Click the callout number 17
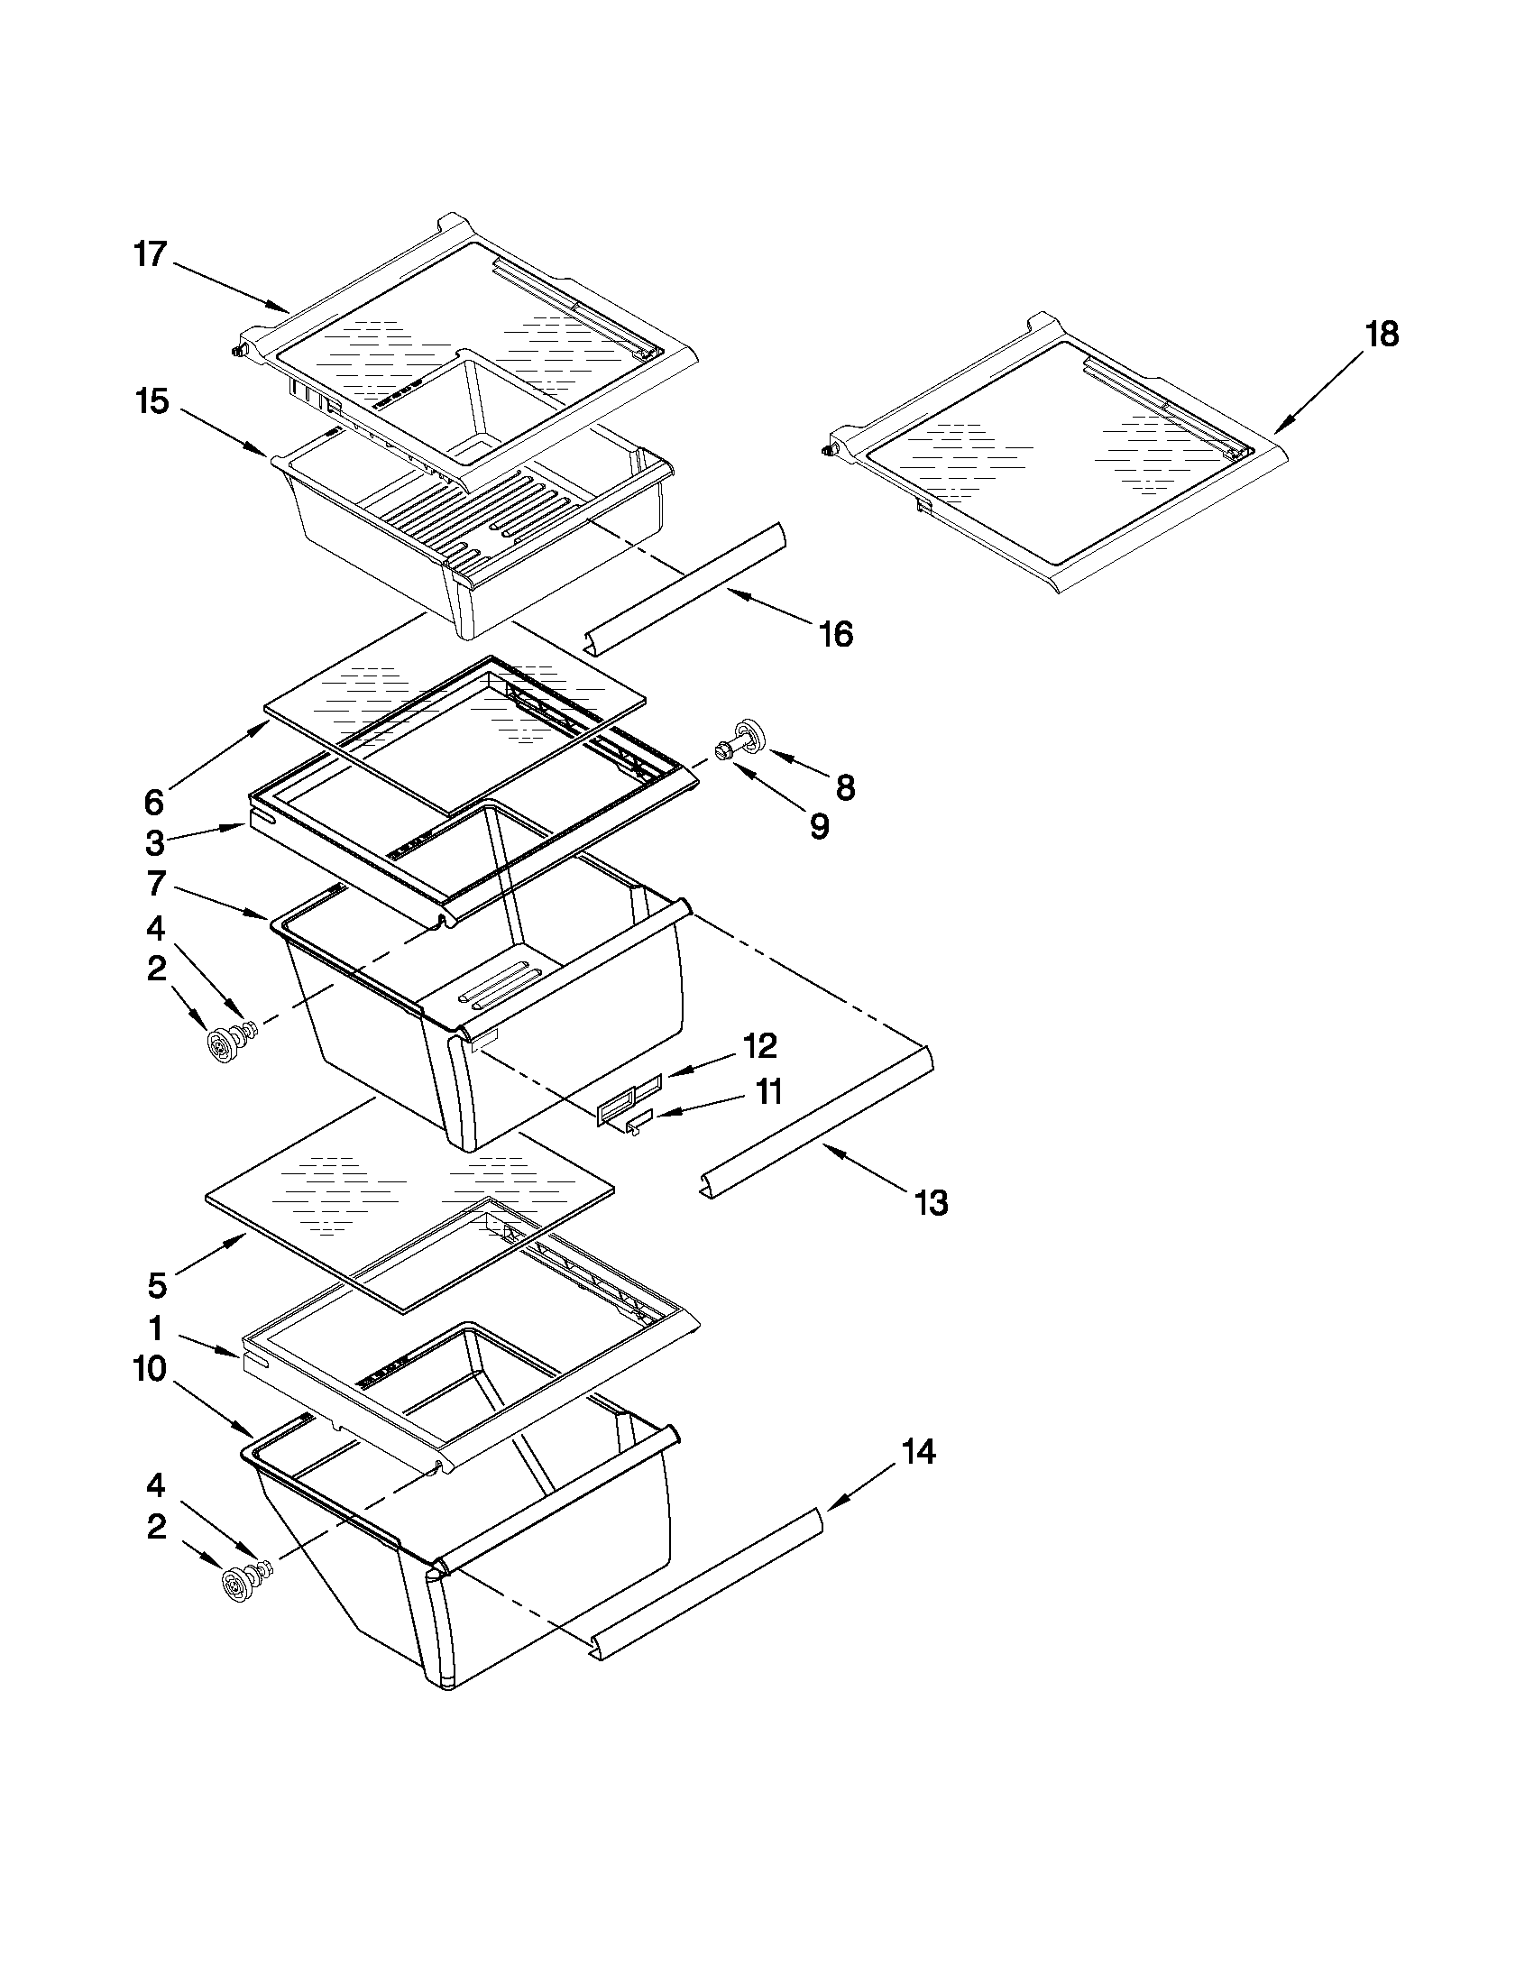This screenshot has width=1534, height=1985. [151, 253]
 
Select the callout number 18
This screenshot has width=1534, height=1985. [1382, 335]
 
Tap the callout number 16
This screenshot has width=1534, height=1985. [835, 634]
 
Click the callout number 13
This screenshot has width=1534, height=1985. [932, 1203]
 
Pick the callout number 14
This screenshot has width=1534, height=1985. [918, 1452]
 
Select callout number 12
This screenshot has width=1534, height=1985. [759, 1046]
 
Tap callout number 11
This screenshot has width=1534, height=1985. [769, 1091]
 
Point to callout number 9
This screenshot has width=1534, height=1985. [818, 826]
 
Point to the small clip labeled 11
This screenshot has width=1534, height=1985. [638, 1125]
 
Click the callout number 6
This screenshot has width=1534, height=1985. [154, 802]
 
